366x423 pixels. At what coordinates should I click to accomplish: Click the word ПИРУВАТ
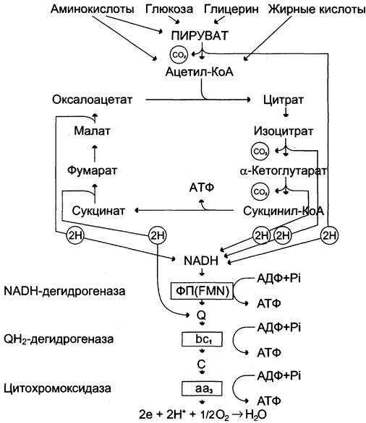[x=200, y=35]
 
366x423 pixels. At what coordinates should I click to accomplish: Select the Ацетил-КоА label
[x=200, y=72]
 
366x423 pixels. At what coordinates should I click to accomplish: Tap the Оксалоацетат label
[x=93, y=100]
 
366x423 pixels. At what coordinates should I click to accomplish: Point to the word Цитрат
[x=284, y=100]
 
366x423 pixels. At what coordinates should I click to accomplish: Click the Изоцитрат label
[x=284, y=131]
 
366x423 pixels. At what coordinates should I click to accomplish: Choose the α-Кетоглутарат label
[x=283, y=171]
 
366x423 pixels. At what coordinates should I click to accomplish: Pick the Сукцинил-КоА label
[x=284, y=211]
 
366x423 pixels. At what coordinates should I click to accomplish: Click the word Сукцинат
[x=98, y=211]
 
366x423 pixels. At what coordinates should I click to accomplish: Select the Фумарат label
[x=92, y=171]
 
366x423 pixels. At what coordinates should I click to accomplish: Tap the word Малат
[x=92, y=131]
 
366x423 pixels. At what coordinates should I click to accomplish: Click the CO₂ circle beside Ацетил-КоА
[x=179, y=55]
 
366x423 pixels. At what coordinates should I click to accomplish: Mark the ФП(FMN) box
[x=202, y=291]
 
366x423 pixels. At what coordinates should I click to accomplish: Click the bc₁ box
[x=203, y=339]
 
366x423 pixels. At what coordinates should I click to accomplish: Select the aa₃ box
[x=203, y=389]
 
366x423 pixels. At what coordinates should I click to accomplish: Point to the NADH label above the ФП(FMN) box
[x=201, y=261]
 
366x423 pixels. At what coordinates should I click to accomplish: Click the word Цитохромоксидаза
[x=57, y=388]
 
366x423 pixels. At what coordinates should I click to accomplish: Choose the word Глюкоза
[x=169, y=9]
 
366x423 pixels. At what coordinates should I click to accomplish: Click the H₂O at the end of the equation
[x=256, y=414]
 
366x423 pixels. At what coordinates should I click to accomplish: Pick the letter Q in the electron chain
[x=201, y=315]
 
